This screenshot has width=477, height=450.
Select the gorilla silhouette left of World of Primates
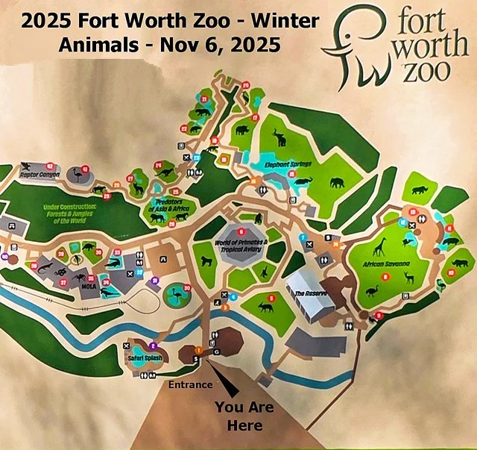(x=206, y=263)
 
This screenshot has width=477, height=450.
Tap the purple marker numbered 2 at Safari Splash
(x=153, y=346)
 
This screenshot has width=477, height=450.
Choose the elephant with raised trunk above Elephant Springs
(x=279, y=137)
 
